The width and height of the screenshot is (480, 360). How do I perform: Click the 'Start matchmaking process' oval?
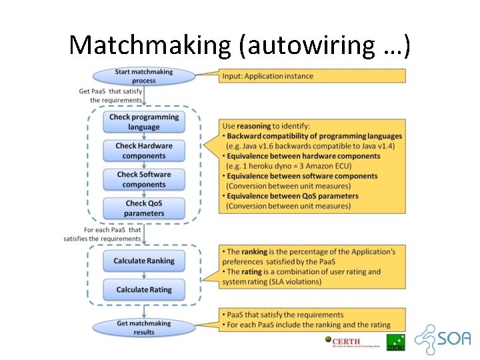click(x=144, y=76)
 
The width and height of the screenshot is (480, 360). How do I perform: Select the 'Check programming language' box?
click(x=144, y=122)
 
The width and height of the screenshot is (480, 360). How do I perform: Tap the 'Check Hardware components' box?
click(x=144, y=151)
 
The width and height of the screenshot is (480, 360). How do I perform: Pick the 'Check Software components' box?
click(x=144, y=179)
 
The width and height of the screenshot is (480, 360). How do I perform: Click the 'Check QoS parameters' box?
click(x=144, y=208)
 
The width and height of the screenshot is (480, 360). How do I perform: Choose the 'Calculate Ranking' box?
click(x=144, y=261)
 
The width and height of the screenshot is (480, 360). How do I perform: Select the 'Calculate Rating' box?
click(x=144, y=289)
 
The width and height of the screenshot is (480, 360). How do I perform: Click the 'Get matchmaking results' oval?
click(x=144, y=327)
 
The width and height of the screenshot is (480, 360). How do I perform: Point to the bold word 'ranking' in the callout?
click(x=254, y=252)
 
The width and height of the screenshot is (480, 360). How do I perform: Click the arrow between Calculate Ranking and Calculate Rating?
click(x=144, y=275)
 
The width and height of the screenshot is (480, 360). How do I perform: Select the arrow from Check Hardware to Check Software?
click(x=144, y=165)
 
